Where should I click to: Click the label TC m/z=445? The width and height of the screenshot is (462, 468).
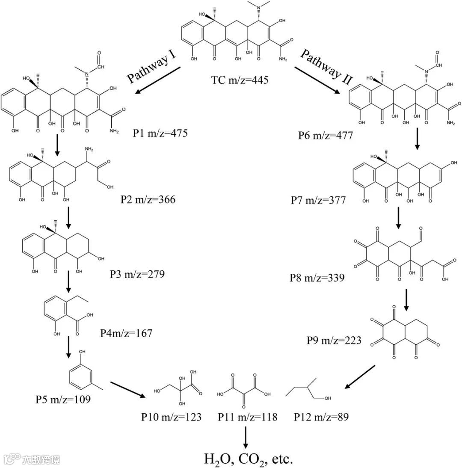click(240, 80)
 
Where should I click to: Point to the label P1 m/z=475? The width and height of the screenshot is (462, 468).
click(160, 134)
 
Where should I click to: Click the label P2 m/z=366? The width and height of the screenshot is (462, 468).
click(148, 199)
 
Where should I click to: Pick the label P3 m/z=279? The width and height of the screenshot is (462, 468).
click(137, 274)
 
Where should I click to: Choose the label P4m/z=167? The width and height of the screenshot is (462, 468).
click(126, 333)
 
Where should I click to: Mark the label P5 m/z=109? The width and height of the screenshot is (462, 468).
click(63, 401)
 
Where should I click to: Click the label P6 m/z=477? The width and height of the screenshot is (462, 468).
click(326, 136)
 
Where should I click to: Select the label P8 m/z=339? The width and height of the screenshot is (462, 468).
click(317, 278)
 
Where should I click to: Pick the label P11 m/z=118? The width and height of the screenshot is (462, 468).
click(248, 417)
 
